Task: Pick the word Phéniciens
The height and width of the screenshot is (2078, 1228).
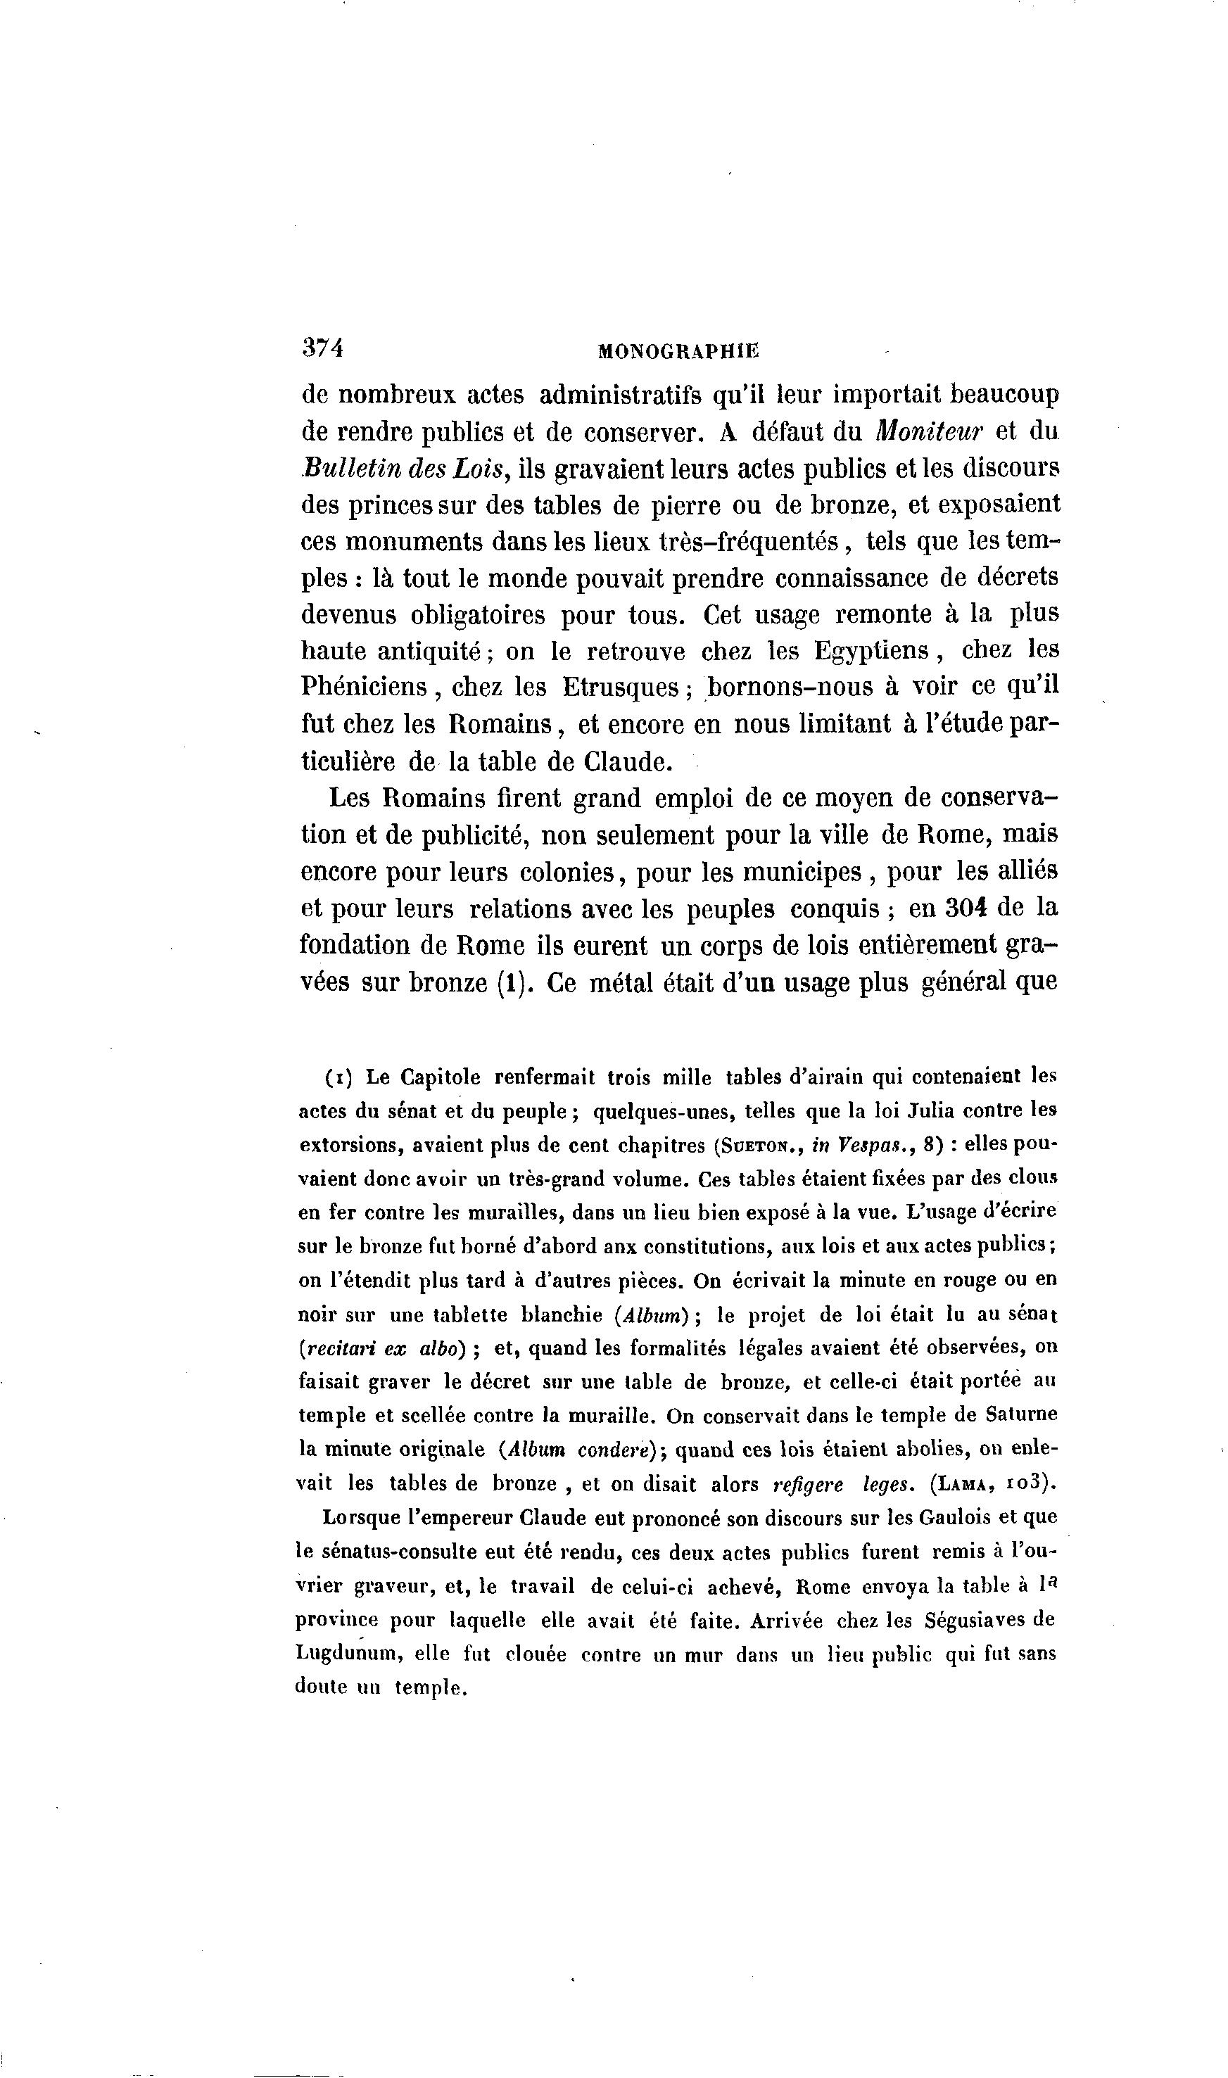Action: (364, 688)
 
